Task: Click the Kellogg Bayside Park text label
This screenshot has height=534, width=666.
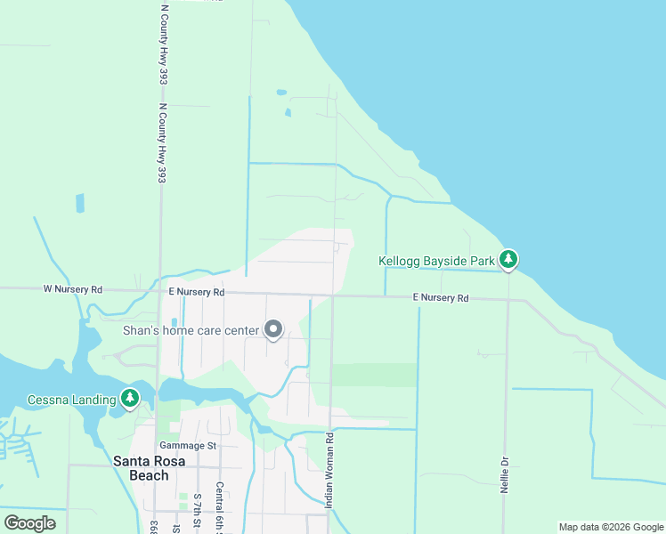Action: [436, 262]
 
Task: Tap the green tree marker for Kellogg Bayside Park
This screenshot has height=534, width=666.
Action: [508, 259]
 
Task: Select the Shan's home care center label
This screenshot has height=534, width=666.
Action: [191, 331]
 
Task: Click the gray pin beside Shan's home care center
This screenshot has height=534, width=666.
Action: [273, 330]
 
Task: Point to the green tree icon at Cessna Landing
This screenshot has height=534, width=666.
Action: [130, 398]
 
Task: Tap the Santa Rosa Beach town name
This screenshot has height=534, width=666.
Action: [142, 468]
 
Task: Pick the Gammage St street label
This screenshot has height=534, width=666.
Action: [188, 445]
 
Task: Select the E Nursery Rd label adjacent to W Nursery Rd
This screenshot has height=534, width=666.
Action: [196, 292]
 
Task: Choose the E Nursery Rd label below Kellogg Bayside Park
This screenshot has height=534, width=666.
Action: [440, 298]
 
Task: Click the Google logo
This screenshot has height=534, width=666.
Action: [30, 523]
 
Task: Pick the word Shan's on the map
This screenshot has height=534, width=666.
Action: [141, 331]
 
